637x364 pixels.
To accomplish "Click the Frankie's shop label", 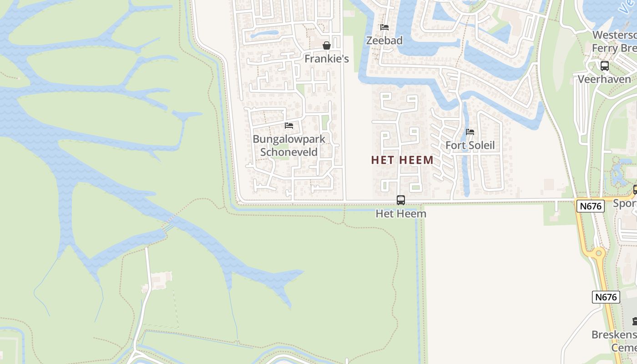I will coord(326,59).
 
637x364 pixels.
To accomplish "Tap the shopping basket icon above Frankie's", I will coord(326,45).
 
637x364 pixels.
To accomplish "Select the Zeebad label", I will coord(384,40).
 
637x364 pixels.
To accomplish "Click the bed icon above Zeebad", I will coord(384,27).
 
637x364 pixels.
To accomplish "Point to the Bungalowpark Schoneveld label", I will coord(289,145).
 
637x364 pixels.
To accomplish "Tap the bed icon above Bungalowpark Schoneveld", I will coord(289,126).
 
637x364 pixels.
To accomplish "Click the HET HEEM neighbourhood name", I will coord(402,160).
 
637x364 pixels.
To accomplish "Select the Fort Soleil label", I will coord(470,146).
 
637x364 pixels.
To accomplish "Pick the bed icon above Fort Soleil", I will coord(470,132).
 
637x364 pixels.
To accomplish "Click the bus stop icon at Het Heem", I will coord(401,200).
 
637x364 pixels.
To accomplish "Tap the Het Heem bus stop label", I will coord(401,213).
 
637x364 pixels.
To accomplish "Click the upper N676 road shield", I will coord(591,206).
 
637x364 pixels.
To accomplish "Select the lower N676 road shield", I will coord(606,297).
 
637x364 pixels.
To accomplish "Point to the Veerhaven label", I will coord(604,79).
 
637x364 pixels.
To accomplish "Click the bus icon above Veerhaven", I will coord(604,66).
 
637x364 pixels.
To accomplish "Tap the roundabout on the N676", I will coord(598,253).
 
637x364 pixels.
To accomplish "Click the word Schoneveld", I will coord(289,152).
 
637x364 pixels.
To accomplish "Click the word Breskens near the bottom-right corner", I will coord(614,335).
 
